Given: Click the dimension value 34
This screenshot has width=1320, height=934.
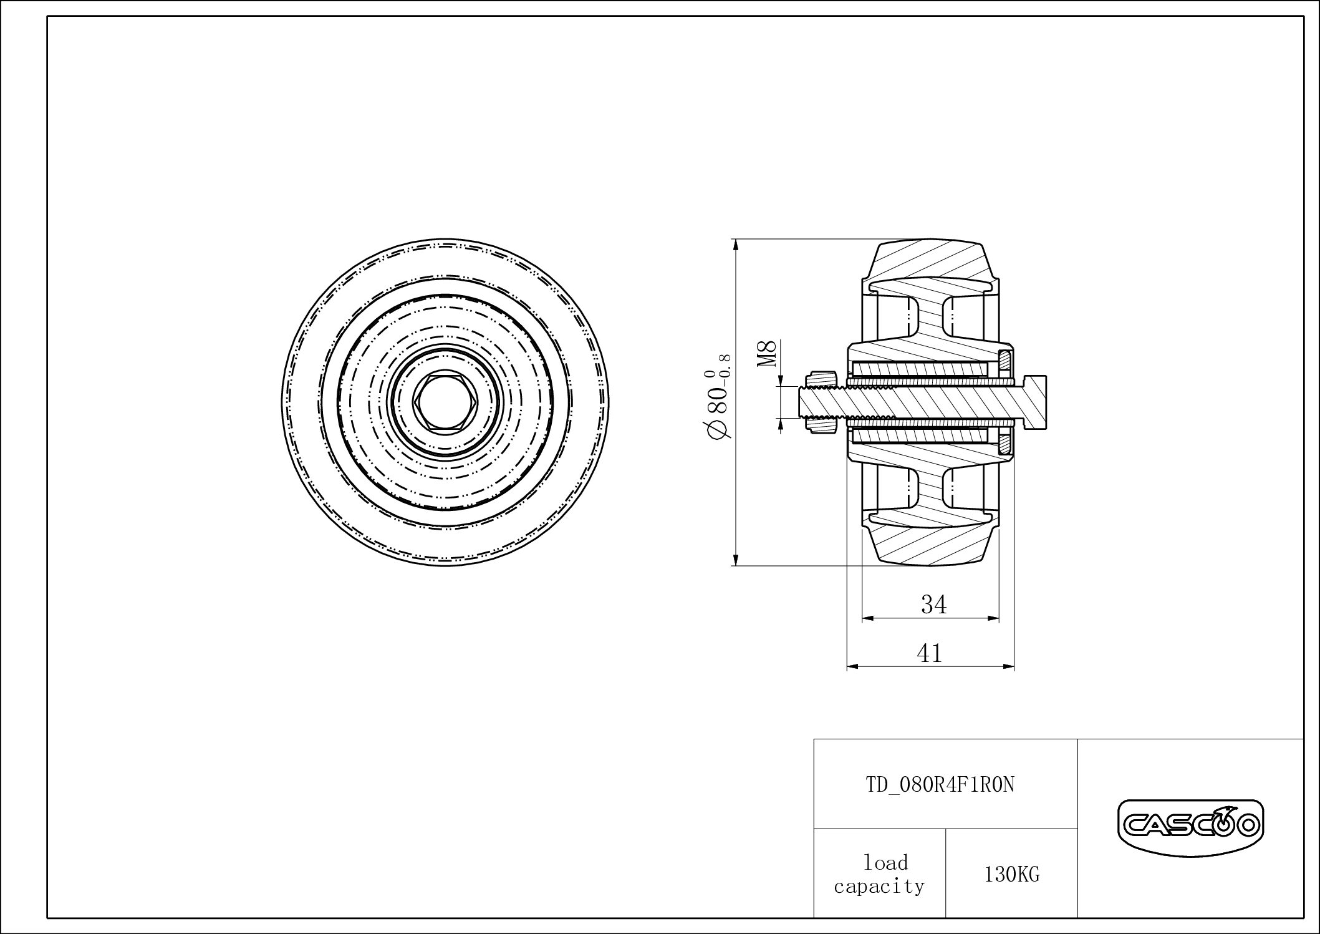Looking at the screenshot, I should pos(933,604).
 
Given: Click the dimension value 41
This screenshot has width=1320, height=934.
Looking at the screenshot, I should pos(929,653).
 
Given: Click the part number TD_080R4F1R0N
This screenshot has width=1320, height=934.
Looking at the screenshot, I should pos(940,785).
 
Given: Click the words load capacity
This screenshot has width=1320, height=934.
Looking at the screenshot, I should pos(879,874).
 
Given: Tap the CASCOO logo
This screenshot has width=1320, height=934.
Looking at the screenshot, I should pos(1190,826).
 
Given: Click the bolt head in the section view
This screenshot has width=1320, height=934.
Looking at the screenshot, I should pos(1034,402).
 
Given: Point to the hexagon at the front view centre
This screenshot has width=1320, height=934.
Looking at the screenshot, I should pos(445,402).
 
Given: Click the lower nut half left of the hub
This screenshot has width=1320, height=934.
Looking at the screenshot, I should pos(821,426).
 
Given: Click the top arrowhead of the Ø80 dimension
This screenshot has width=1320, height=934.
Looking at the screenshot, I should pos(736,244).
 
